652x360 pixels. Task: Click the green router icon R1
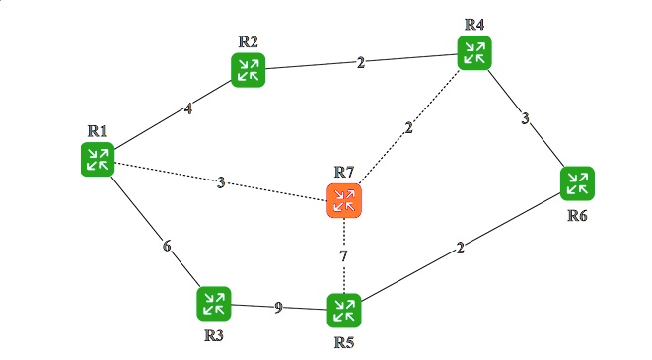coord(97,159)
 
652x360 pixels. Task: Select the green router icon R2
coord(248,69)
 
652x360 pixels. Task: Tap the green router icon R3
coord(213,304)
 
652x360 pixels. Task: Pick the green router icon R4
coord(474,52)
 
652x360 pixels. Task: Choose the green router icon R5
coord(344,311)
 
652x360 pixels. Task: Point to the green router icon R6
coord(577,183)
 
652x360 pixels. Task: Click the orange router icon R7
coord(344,201)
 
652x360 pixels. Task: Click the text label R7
coord(344,173)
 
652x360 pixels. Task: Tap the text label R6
coord(578,215)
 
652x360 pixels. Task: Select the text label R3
coord(214,335)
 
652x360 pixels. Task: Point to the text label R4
coord(475,23)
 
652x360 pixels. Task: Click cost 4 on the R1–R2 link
coord(188,109)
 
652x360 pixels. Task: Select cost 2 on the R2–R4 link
coord(361,62)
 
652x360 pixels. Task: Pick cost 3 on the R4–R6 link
coord(526,119)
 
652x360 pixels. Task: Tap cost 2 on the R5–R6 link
coord(461,248)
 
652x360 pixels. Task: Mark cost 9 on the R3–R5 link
coord(278,308)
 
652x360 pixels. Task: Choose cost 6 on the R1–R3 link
coord(168,246)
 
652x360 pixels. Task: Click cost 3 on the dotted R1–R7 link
coord(221,182)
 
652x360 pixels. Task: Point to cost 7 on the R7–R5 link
coord(344,256)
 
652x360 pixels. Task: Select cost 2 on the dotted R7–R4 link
coord(408,128)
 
